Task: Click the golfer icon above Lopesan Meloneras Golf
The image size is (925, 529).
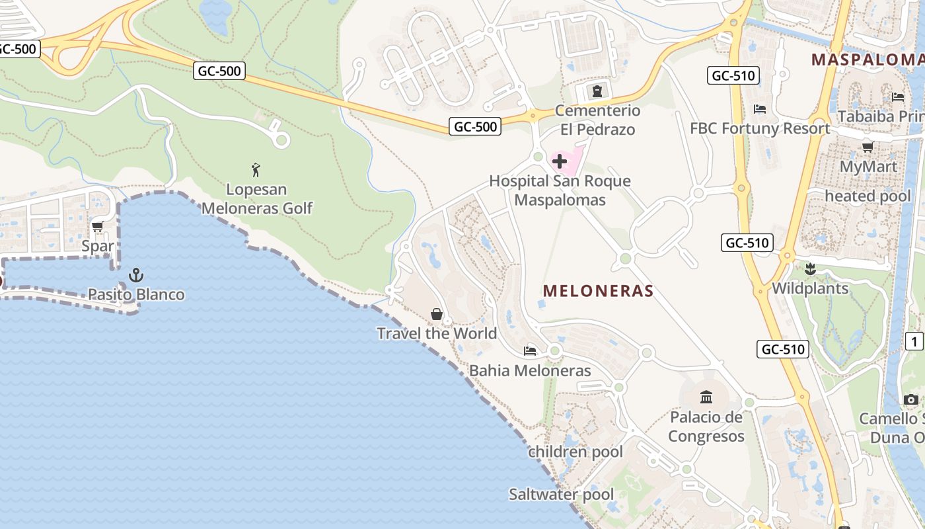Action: tap(256, 170)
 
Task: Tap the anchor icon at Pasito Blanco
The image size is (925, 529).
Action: tap(136, 274)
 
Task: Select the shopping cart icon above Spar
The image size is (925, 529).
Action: tap(98, 227)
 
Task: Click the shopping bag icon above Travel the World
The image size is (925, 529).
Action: tap(437, 314)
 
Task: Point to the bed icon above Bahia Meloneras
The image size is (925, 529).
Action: tap(530, 351)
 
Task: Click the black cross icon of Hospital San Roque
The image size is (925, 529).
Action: tap(560, 161)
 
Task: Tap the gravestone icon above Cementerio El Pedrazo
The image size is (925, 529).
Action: tap(597, 91)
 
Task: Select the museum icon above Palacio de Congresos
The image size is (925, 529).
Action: tap(706, 397)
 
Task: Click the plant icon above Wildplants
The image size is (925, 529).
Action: tap(810, 269)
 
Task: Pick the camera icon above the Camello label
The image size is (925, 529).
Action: tap(911, 399)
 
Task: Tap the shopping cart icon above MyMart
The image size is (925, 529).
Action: tap(868, 147)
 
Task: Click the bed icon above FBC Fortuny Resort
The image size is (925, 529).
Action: tap(760, 109)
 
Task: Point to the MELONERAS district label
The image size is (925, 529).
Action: tap(598, 291)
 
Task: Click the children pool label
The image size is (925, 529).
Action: tap(575, 452)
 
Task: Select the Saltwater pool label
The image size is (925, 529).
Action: tap(561, 495)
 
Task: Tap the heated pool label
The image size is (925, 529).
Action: tap(868, 196)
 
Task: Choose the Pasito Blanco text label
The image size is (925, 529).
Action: tap(136, 295)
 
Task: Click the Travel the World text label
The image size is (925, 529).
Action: tap(437, 333)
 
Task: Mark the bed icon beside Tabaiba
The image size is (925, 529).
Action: tap(898, 97)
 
